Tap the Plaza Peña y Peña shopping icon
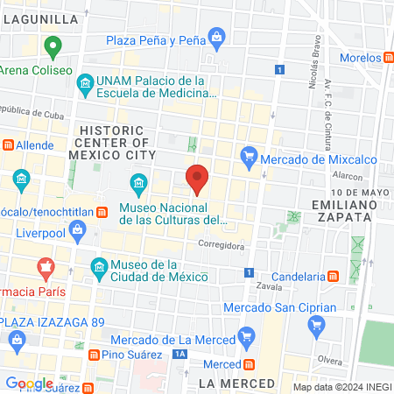coord(217,37)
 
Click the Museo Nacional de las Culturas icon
coord(137,183)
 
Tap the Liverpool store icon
coord(79,230)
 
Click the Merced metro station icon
coord(249,363)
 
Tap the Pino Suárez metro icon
coord(92,355)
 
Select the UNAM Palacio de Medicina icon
coord(85,85)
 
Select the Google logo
coord(30,383)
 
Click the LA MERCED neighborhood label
coord(236,383)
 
